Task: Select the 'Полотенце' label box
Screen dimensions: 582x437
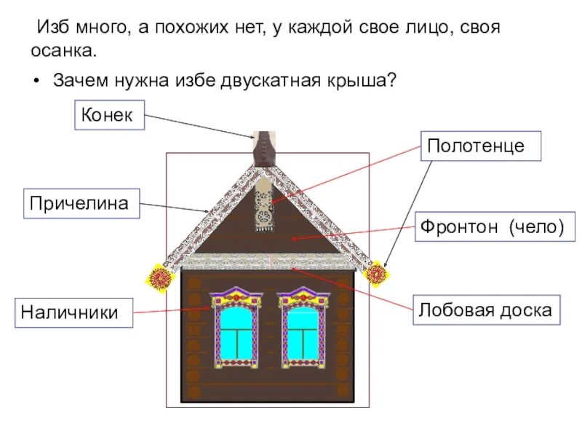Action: point(476,146)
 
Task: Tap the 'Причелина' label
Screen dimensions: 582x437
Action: point(84,203)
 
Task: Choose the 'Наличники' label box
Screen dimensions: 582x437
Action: point(70,312)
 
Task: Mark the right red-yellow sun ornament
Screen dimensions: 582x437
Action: point(376,274)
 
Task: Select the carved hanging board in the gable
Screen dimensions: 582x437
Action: point(263,205)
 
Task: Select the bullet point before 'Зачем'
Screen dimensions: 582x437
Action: point(36,80)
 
